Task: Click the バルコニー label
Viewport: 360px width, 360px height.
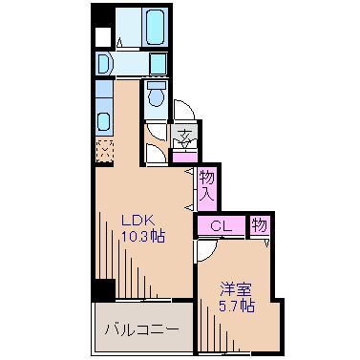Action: pos(141,329)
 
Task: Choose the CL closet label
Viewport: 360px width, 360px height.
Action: pos(221,226)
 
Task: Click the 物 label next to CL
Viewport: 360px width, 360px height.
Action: pos(259,225)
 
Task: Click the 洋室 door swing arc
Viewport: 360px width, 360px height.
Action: pos(205,251)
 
